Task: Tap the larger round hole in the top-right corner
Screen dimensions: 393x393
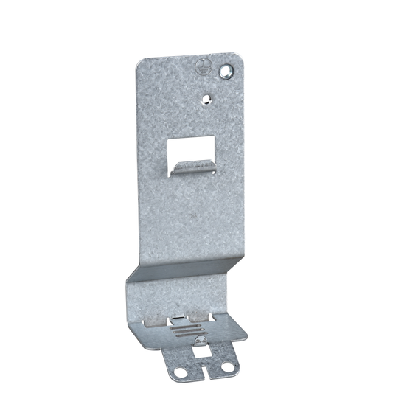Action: (226, 72)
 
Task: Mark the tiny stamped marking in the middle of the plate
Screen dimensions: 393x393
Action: (192, 217)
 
